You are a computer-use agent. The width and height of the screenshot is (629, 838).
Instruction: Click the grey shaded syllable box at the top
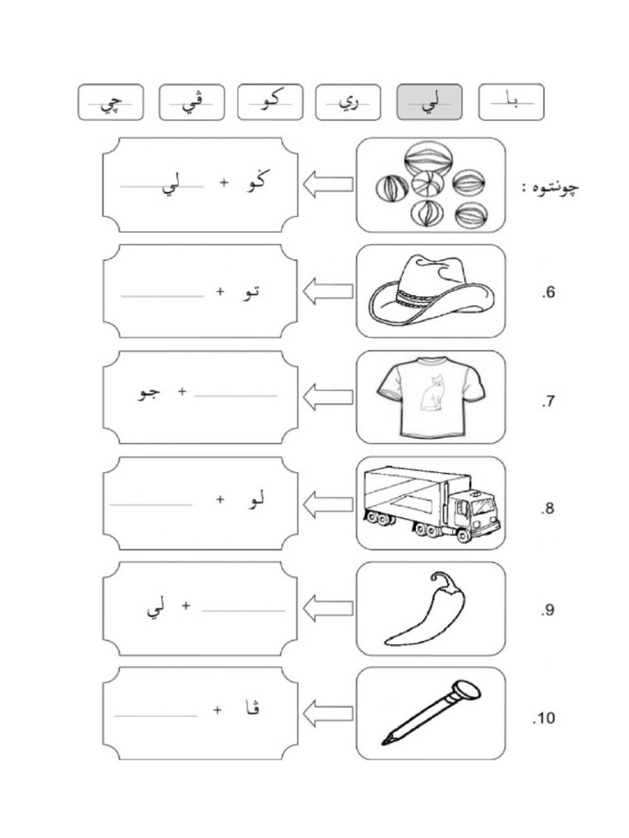click(x=429, y=102)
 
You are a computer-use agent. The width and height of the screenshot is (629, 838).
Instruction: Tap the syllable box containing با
click(x=511, y=102)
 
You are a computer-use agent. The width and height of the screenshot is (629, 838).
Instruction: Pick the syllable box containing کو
click(x=270, y=102)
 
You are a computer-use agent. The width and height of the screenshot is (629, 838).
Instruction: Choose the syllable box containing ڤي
click(x=192, y=102)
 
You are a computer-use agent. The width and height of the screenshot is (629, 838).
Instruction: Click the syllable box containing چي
click(x=111, y=102)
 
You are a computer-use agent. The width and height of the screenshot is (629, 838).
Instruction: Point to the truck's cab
click(x=474, y=511)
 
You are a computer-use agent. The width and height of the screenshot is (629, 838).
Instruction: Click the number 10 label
click(x=544, y=719)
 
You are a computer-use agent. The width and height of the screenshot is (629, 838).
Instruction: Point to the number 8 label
click(x=548, y=509)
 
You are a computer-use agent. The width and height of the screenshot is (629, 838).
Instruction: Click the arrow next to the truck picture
click(x=328, y=503)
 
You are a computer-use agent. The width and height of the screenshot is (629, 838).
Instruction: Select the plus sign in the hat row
click(x=219, y=291)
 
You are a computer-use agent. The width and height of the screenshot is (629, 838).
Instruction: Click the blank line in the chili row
click(x=243, y=610)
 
